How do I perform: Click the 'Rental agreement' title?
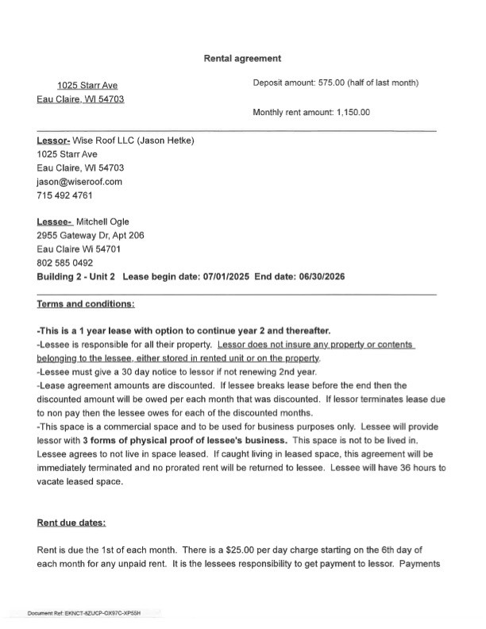pyautogui.click(x=242, y=58)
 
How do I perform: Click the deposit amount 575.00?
pyautogui.click(x=326, y=83)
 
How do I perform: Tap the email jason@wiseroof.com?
pyautogui.click(x=79, y=182)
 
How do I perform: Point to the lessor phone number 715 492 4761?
pyautogui.click(x=64, y=195)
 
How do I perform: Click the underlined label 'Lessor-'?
pyautogui.click(x=54, y=141)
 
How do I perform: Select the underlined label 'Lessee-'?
pyautogui.click(x=54, y=222)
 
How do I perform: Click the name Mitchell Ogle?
pyautogui.click(x=102, y=222)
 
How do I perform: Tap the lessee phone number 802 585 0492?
pyautogui.click(x=64, y=263)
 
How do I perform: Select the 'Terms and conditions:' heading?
pyautogui.click(x=86, y=304)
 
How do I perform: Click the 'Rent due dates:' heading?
pyautogui.click(x=71, y=523)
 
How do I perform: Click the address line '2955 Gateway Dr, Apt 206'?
pyautogui.click(x=90, y=236)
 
